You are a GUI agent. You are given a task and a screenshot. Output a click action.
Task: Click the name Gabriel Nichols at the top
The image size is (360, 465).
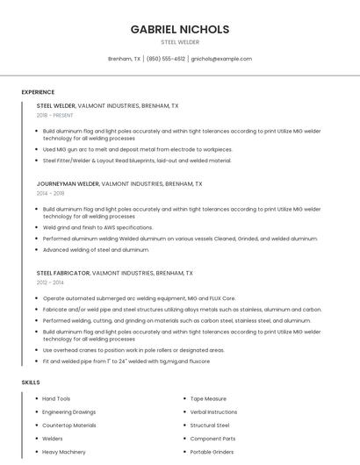pyautogui.click(x=179, y=29)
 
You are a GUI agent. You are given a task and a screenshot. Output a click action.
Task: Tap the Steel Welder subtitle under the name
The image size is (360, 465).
pyautogui.click(x=179, y=42)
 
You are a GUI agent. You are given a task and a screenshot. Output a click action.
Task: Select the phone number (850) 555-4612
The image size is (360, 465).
pyautogui.click(x=166, y=59)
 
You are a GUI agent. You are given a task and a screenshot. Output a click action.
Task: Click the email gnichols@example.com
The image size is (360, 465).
pyautogui.click(x=221, y=59)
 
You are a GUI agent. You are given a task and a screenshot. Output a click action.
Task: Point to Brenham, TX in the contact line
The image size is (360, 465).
pyautogui.click(x=124, y=59)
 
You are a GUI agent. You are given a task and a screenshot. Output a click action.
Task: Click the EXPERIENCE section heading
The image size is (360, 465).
pyautogui.click(x=38, y=92)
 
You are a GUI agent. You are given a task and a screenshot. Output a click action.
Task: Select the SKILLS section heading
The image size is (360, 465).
pyautogui.click(x=31, y=383)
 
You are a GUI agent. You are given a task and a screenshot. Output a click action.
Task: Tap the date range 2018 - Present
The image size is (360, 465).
pyautogui.click(x=55, y=115)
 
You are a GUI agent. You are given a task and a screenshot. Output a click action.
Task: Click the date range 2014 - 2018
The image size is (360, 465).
pyautogui.click(x=51, y=193)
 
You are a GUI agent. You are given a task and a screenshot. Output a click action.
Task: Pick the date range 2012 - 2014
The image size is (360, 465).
pyautogui.click(x=51, y=283)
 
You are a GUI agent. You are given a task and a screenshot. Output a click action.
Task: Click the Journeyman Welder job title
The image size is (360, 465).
pyautogui.click(x=68, y=184)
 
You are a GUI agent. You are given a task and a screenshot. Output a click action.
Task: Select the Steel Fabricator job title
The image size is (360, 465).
pyautogui.click(x=63, y=273)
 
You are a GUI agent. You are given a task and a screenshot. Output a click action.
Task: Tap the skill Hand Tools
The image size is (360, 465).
pyautogui.click(x=56, y=398)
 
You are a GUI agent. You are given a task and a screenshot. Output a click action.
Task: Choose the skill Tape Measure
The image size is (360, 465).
pyautogui.click(x=208, y=398)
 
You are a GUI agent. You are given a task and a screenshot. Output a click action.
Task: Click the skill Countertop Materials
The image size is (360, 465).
pyautogui.click(x=69, y=425)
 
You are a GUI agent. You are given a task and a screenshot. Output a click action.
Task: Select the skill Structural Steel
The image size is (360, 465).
pyautogui.click(x=209, y=425)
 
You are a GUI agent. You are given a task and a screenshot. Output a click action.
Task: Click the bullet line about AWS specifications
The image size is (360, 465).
pyautogui.click(x=97, y=227)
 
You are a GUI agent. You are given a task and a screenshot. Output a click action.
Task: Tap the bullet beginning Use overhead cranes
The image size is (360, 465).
pyautogui.click(x=133, y=350)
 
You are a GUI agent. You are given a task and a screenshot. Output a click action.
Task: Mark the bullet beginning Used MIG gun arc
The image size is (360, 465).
pyautogui.click(x=137, y=149)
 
